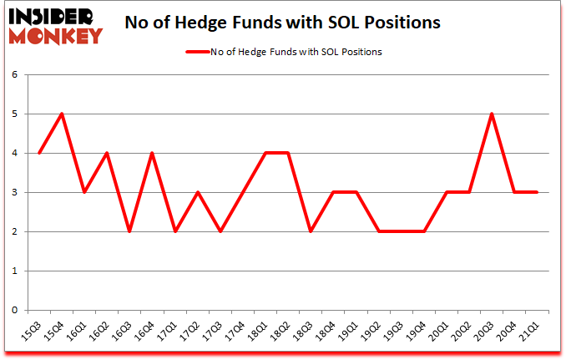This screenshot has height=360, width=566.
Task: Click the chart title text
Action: (283, 23)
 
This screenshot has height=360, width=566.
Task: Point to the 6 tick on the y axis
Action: (14, 74)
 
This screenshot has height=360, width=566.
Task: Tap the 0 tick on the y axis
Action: (14, 310)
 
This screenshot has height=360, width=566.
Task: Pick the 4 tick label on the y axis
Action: (14, 153)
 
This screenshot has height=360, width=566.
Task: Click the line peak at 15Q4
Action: (63, 114)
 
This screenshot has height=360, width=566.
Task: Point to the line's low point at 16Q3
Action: (130, 231)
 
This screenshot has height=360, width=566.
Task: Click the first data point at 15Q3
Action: (40, 153)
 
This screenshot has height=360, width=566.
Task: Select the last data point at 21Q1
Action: (536, 192)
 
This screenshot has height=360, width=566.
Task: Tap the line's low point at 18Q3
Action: (311, 231)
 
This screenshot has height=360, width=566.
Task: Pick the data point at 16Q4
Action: (153, 153)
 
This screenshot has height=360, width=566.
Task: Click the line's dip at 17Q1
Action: (175, 231)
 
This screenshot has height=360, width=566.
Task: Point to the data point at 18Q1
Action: (265, 153)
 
